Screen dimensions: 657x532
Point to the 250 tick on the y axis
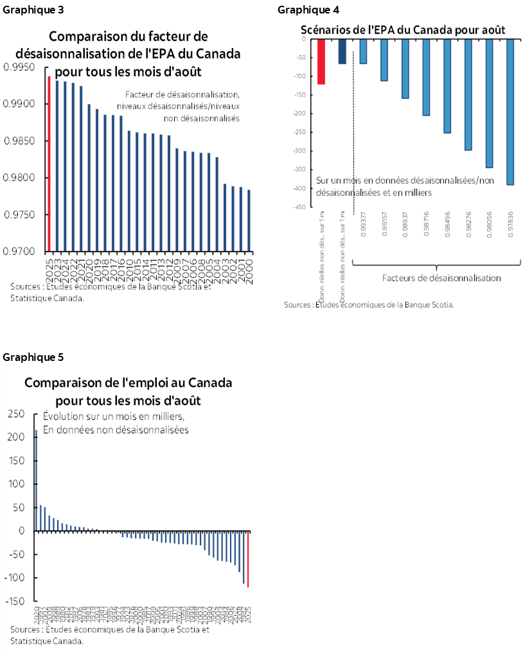[x=16, y=414]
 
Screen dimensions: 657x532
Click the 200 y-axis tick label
[x=16, y=437]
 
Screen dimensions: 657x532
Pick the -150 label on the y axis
[x=14, y=601]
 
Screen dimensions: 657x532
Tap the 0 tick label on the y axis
[x=21, y=531]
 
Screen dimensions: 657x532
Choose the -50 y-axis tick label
[x=16, y=554]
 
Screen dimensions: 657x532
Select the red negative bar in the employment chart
[x=248, y=559]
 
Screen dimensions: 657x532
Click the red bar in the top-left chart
[x=49, y=163]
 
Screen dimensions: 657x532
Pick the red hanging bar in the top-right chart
[x=321, y=62]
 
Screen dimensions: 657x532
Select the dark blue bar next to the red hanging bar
[x=342, y=52]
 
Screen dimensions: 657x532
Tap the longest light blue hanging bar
[x=510, y=112]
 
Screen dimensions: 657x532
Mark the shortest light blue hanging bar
[x=363, y=52]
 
